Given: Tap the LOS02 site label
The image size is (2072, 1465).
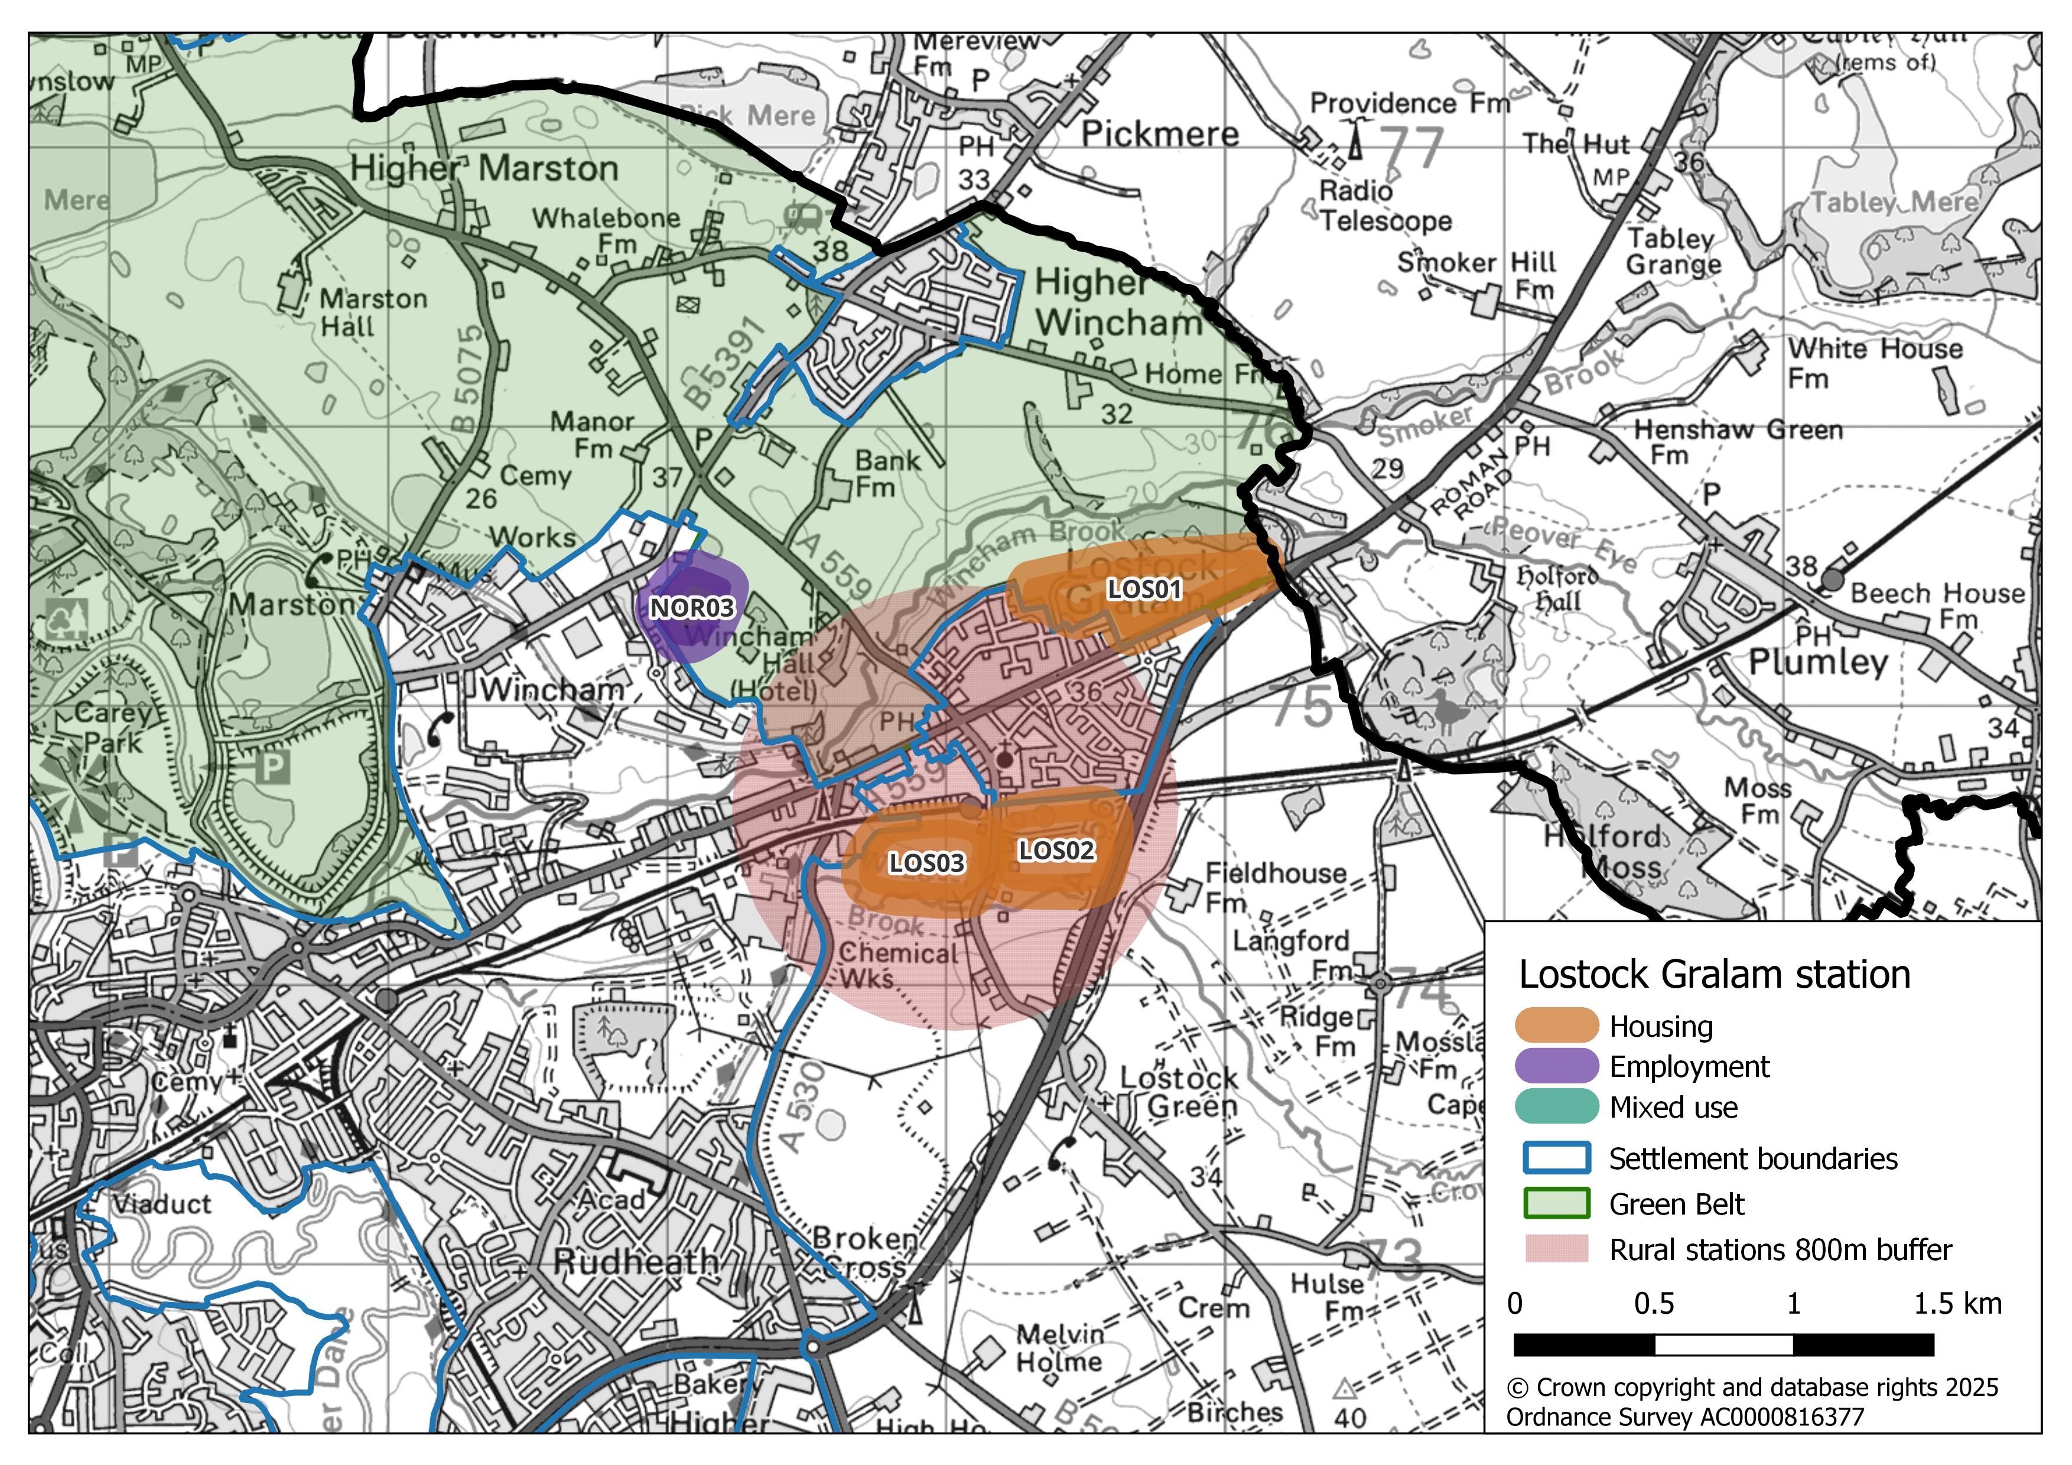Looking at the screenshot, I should [x=1056, y=850].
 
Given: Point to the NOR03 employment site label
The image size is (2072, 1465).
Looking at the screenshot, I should [x=692, y=608].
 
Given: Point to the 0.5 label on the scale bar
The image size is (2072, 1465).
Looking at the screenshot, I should [x=1654, y=1304].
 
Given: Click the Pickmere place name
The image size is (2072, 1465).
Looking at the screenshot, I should [x=1160, y=135].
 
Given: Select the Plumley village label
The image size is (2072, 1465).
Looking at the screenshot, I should [x=1817, y=662].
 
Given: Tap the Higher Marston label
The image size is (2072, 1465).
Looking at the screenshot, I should [x=484, y=169].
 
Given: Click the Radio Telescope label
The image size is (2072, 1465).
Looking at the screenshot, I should [x=1385, y=206].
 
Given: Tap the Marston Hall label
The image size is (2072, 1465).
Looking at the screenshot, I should [x=373, y=312].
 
